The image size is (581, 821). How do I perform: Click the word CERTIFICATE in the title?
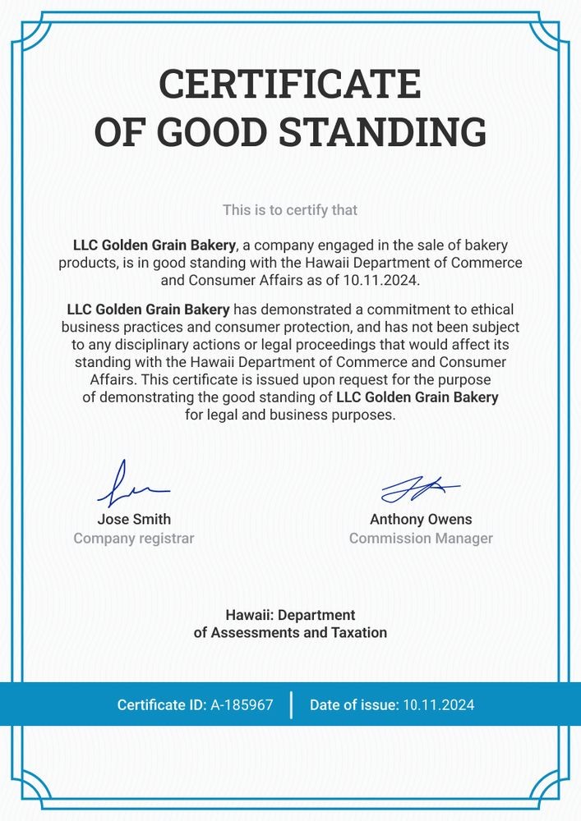click(290, 84)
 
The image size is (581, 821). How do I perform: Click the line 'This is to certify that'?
click(290, 210)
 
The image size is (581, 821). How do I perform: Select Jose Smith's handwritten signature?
click(131, 485)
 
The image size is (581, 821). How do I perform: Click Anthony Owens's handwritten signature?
click(420, 488)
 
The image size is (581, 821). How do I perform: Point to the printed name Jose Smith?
click(134, 519)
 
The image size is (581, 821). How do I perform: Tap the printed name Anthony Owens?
click(421, 519)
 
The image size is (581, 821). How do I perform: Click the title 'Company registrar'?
click(134, 539)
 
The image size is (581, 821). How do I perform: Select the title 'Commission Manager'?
click(421, 539)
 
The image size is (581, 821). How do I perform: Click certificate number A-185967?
click(242, 704)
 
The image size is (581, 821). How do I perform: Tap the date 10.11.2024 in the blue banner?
click(438, 704)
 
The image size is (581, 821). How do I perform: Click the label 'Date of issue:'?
click(354, 704)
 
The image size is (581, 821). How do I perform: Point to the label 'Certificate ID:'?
click(162, 704)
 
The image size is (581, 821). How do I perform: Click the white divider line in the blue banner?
click(291, 704)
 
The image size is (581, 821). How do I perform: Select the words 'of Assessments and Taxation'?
click(290, 633)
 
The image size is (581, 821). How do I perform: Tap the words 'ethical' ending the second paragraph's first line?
click(491, 310)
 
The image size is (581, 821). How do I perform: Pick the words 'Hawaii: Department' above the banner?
click(290, 615)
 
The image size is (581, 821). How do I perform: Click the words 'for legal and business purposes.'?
click(290, 415)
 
